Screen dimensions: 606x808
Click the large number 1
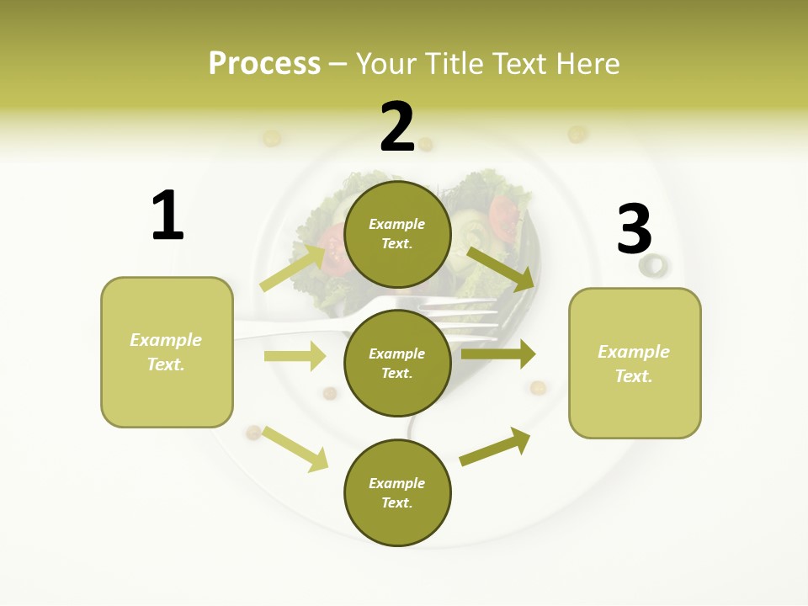pyautogui.click(x=167, y=215)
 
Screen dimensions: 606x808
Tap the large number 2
pyautogui.click(x=397, y=127)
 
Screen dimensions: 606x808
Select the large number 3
pyautogui.click(x=634, y=230)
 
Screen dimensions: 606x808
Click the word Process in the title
pyautogui.click(x=264, y=63)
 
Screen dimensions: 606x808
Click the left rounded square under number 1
pyautogui.click(x=167, y=352)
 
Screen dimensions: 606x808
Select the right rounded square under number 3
pyautogui.click(x=635, y=364)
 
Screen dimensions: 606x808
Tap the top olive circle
pyautogui.click(x=397, y=234)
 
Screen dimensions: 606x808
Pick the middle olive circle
pyautogui.click(x=397, y=363)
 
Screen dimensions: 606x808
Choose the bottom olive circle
pyautogui.click(x=397, y=492)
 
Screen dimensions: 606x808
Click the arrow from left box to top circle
pyautogui.click(x=293, y=268)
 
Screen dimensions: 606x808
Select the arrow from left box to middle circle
pyautogui.click(x=295, y=356)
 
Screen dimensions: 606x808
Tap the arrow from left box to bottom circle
pyautogui.click(x=295, y=449)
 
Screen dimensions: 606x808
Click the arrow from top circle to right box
pyautogui.click(x=501, y=268)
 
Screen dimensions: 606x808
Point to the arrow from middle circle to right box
pyautogui.click(x=498, y=353)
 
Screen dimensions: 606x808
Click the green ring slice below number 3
pyautogui.click(x=652, y=266)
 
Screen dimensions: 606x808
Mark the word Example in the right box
pyautogui.click(x=634, y=352)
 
